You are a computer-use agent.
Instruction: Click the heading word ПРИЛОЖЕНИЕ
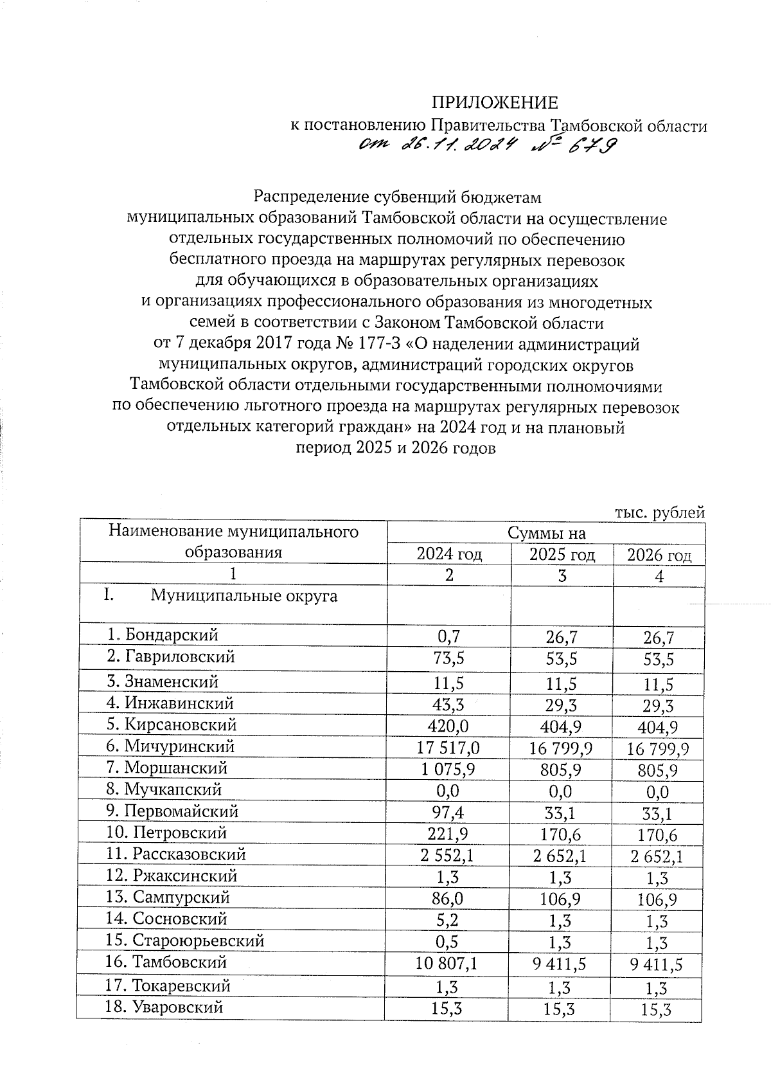(x=494, y=103)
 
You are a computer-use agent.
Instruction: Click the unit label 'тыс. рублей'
(x=660, y=512)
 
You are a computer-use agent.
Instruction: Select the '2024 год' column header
(x=449, y=554)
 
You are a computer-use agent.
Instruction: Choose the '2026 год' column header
(x=659, y=555)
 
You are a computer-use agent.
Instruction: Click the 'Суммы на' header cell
(x=546, y=533)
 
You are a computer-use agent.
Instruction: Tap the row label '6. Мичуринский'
(x=171, y=746)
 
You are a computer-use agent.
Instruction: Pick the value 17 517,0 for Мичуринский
(x=449, y=747)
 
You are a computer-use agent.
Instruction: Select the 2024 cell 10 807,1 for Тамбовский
(x=449, y=963)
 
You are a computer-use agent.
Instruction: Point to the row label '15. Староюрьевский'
(x=185, y=941)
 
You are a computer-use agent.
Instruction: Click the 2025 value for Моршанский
(x=562, y=770)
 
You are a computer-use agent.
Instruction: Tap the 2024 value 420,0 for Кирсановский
(x=449, y=725)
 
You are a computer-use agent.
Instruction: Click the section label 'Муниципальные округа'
(x=244, y=596)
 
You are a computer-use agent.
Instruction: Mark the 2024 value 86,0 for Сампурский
(x=449, y=897)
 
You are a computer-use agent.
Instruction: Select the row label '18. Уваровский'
(x=164, y=1007)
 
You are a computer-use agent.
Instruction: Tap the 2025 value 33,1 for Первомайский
(x=562, y=813)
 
